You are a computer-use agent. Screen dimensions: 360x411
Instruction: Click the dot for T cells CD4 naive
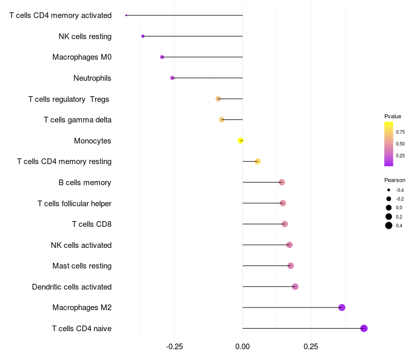[x=364, y=329]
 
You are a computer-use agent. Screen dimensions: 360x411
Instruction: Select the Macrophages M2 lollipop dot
[x=342, y=308]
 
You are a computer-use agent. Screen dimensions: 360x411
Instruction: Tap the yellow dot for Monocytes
[x=240, y=140]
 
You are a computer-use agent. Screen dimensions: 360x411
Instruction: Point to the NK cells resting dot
[x=143, y=36]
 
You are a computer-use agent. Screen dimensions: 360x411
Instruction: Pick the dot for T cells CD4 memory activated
[x=126, y=15]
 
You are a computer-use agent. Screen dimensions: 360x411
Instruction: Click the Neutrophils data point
[x=172, y=78]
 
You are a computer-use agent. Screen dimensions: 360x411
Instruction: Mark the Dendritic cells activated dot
[x=295, y=286]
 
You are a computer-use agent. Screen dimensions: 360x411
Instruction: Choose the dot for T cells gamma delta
[x=222, y=120]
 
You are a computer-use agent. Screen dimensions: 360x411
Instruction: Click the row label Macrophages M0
[x=82, y=57]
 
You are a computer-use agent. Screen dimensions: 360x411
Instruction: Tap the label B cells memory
[x=85, y=183]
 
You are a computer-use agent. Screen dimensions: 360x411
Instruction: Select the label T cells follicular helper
[x=74, y=204]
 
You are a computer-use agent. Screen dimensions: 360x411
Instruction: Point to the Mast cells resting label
[x=82, y=266]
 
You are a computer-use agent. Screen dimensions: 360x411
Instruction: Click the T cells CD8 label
[x=91, y=224]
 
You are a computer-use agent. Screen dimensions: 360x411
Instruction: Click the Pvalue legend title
[x=393, y=116]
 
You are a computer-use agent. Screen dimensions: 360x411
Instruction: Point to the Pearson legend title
[x=395, y=180]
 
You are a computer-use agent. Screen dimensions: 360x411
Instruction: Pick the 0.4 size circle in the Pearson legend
[x=389, y=225]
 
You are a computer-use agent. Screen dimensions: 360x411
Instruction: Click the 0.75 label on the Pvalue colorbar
[x=400, y=132]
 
